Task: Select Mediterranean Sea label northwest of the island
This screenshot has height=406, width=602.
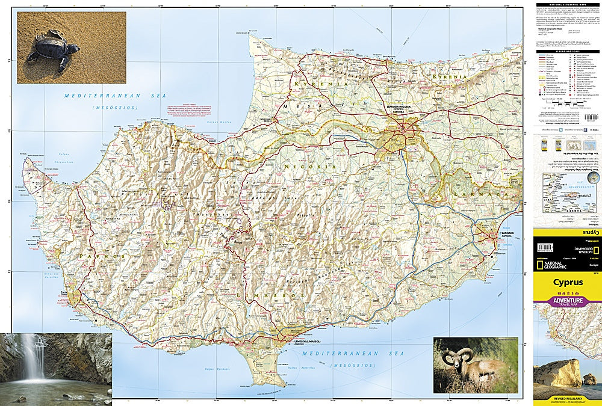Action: click(102, 96)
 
